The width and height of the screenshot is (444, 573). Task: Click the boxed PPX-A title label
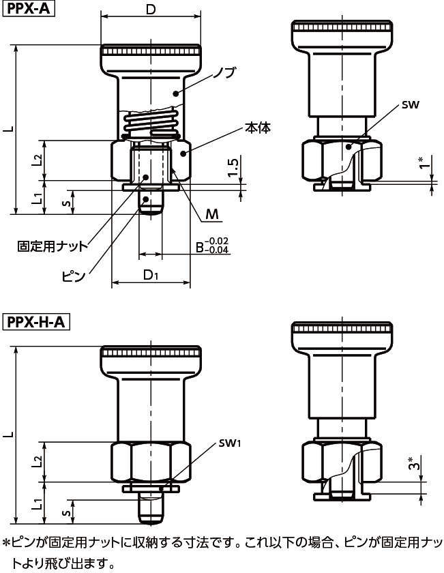tap(29, 8)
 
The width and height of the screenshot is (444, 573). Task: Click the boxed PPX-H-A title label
tap(36, 322)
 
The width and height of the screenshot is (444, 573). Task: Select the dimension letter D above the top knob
tap(151, 9)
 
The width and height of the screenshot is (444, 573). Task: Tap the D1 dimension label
tap(151, 275)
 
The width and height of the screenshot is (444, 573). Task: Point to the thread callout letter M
tap(211, 214)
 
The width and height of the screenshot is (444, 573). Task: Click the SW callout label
tap(411, 105)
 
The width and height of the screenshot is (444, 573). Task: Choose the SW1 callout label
tap(230, 443)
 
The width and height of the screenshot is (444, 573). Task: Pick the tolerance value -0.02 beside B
tap(216, 241)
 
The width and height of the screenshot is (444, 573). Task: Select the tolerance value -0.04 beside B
tap(216, 250)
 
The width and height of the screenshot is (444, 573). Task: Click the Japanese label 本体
tap(258, 129)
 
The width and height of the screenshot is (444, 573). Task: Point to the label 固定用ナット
tap(53, 246)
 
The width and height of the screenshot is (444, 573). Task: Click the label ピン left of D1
tap(73, 276)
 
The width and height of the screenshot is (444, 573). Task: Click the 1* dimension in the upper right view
tap(425, 162)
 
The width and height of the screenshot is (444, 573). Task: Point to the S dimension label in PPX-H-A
tap(66, 513)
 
